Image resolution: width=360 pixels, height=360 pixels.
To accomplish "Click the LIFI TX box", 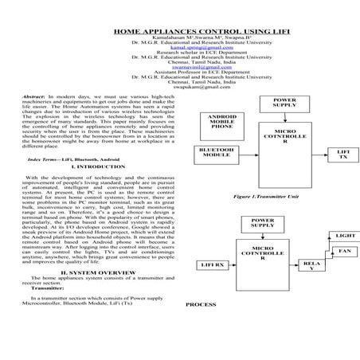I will click(x=342, y=154).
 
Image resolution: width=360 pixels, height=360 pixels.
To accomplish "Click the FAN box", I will click(x=344, y=252).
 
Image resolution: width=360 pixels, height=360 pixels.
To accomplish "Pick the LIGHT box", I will click(x=345, y=236).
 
